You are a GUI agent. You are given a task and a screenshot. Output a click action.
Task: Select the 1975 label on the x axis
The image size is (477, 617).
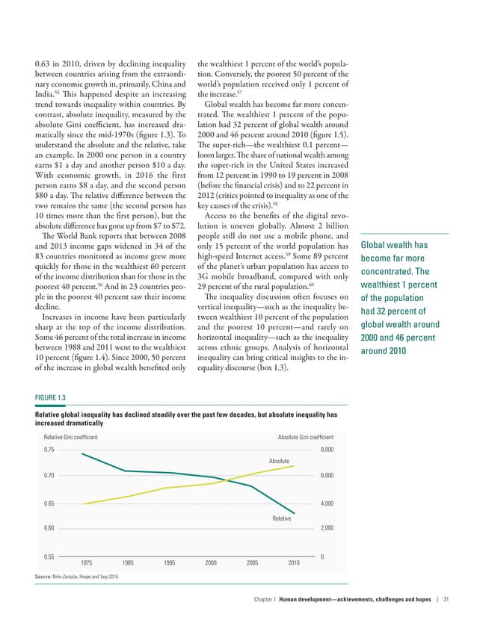(x=86, y=562)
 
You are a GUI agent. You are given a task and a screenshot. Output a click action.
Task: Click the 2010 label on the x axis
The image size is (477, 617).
(x=294, y=562)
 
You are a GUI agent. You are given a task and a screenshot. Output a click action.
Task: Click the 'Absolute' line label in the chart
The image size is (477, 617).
(x=279, y=462)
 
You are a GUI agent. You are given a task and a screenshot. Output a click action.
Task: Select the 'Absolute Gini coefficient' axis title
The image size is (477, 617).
(x=305, y=436)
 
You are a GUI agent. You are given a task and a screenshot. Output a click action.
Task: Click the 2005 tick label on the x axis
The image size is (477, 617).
(x=253, y=562)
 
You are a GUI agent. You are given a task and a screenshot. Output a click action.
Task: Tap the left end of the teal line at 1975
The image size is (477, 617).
(x=82, y=453)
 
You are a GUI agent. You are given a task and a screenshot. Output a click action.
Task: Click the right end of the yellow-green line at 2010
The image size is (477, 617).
(x=294, y=466)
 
